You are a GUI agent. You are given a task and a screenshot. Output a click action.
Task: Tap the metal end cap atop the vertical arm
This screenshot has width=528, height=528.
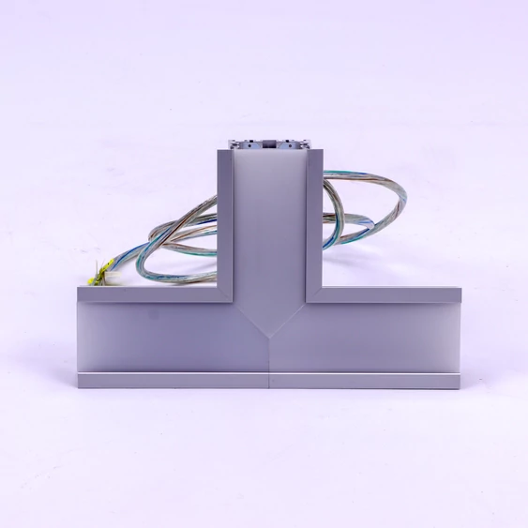269,144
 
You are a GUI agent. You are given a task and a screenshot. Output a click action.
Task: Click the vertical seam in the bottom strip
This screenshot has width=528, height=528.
269,381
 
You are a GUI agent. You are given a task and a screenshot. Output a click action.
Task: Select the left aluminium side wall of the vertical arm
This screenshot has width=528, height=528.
223,225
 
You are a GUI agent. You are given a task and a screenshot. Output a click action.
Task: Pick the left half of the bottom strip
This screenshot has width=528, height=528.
173,381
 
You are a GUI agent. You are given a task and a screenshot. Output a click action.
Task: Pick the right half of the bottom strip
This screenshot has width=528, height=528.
366,381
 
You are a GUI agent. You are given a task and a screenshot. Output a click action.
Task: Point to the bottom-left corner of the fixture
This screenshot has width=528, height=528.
79,386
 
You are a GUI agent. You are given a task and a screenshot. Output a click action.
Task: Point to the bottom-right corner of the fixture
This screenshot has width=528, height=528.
461,386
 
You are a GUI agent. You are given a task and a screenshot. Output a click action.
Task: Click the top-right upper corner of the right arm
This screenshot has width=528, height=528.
460,289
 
